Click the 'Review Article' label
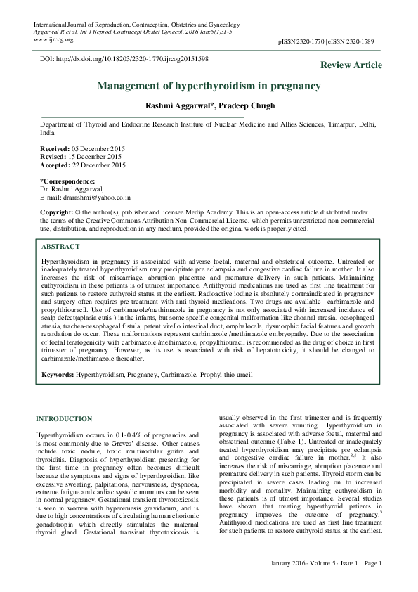point(351,65)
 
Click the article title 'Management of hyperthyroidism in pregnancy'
point(209,86)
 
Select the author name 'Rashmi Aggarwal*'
point(174,105)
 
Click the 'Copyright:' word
point(57,212)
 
